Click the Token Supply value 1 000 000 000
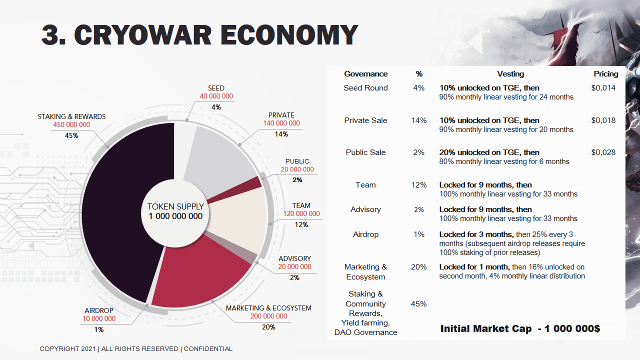(175, 216)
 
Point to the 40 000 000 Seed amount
(216, 96)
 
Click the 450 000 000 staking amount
(71, 125)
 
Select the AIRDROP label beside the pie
(98, 310)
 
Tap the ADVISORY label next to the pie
(294, 258)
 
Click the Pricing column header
(606, 74)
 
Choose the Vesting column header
(510, 74)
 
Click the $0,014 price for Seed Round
(603, 88)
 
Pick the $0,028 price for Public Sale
(603, 152)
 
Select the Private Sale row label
(365, 120)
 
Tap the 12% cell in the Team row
(419, 185)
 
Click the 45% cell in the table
(419, 304)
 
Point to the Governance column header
(365, 74)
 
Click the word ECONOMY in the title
(288, 35)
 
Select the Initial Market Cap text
(485, 329)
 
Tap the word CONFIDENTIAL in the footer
(208, 349)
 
